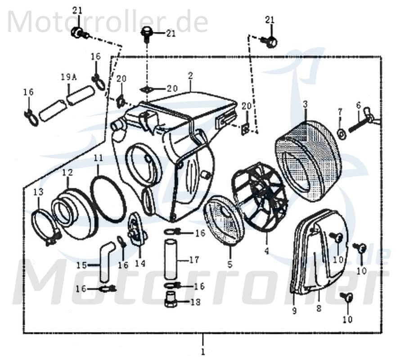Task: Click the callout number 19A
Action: (x=69, y=77)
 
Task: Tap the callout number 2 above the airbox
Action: (x=190, y=77)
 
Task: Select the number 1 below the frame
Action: (x=203, y=351)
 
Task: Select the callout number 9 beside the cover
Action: (x=294, y=310)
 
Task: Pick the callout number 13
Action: (x=38, y=193)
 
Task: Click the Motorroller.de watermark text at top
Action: (x=108, y=22)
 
